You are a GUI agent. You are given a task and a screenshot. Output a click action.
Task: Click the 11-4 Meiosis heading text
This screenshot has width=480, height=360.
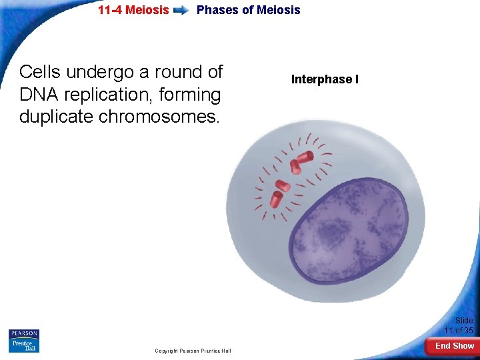coord(133,10)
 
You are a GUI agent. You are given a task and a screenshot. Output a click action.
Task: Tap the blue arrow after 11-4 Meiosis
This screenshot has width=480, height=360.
coord(181,11)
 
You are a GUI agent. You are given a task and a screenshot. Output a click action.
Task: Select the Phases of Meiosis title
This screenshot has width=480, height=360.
coord(248,10)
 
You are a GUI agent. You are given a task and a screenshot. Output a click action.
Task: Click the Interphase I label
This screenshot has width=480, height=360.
coord(325,79)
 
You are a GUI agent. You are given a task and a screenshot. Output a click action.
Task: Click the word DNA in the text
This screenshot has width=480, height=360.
coord(40,95)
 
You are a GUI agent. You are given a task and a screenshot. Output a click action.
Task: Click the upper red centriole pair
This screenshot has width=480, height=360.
coord(301,161)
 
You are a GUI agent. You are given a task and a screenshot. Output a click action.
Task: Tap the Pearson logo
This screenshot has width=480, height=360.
coord(24,333)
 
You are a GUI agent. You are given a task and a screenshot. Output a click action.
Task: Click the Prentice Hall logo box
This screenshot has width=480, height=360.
coord(24,345)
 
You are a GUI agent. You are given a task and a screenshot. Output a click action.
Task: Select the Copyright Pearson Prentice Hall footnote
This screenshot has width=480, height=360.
coord(193,351)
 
